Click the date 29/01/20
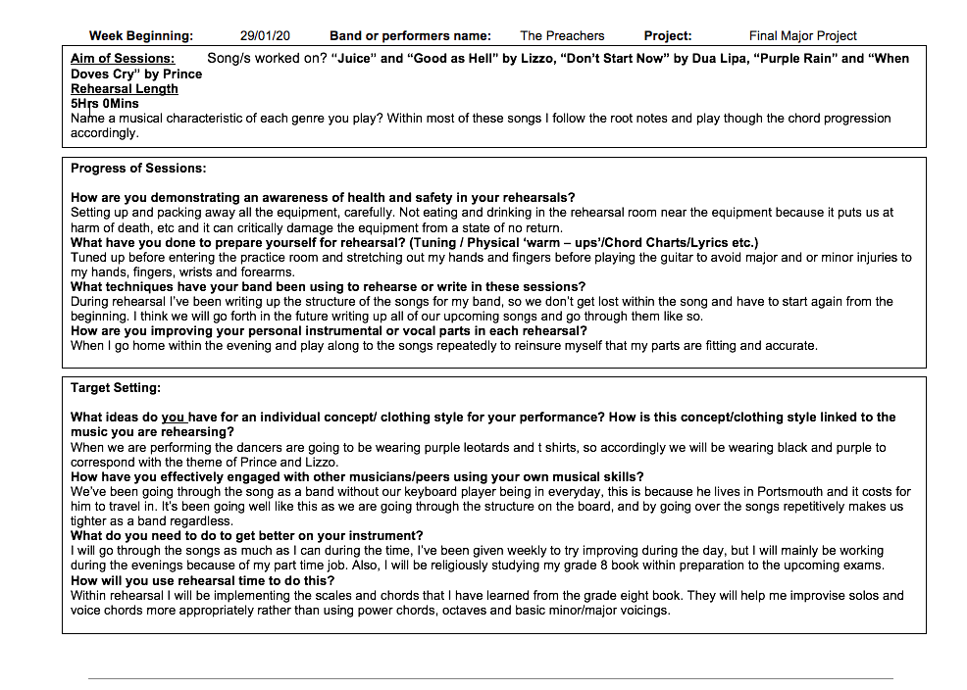(265, 36)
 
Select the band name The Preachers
(562, 36)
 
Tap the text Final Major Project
(802, 36)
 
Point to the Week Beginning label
(141, 36)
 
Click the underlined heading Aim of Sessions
(123, 59)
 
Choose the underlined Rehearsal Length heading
(125, 88)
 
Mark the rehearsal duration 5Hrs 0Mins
(105, 103)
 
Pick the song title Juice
(354, 59)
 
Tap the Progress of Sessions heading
(138, 169)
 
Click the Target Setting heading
(116, 388)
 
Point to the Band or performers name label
(410, 36)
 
